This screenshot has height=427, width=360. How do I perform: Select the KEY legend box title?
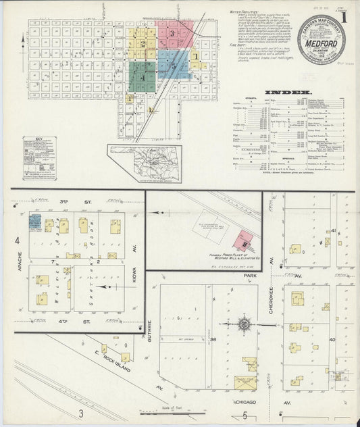[38, 139]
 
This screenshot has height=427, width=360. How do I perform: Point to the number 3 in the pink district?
[173, 32]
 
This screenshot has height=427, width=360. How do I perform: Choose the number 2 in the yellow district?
[143, 44]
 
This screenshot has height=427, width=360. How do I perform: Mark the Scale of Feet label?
[172, 408]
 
